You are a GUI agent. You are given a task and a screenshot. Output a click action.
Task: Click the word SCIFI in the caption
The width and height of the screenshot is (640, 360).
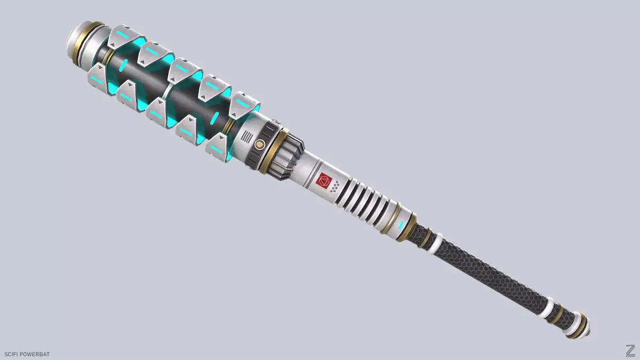[12, 354]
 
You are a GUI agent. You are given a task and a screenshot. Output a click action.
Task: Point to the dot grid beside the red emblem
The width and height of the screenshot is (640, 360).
[335, 187]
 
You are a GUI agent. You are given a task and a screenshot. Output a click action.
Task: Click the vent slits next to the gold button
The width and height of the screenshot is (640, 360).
[246, 137]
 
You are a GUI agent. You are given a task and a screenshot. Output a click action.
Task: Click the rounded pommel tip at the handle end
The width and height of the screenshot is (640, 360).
[582, 329]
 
